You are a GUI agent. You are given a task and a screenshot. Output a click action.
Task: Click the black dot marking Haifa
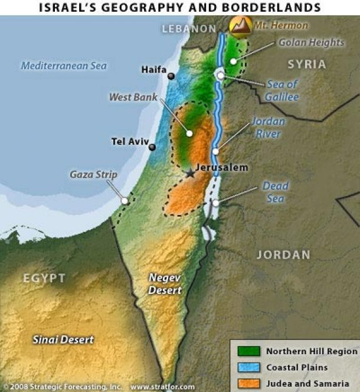171,76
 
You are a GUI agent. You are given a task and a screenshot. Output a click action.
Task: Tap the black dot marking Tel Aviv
152,147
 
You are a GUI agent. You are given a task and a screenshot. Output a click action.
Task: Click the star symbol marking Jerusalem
189,173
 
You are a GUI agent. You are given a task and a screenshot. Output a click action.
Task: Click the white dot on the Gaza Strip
125,201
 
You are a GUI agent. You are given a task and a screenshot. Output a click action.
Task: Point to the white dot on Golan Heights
234,61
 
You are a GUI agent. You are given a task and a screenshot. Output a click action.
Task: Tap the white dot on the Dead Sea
216,202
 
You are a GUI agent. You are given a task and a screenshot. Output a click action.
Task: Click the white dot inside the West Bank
189,133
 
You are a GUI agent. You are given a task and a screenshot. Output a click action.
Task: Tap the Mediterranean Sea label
64,66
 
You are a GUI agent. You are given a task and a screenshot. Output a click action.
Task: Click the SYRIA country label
307,64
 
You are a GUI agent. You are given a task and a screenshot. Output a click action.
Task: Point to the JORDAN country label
283,255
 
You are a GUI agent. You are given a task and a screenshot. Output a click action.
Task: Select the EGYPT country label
44,278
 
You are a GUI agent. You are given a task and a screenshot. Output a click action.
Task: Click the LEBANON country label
189,28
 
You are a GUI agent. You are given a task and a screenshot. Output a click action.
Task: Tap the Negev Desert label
165,284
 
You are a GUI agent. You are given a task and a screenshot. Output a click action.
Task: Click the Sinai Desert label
64,339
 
